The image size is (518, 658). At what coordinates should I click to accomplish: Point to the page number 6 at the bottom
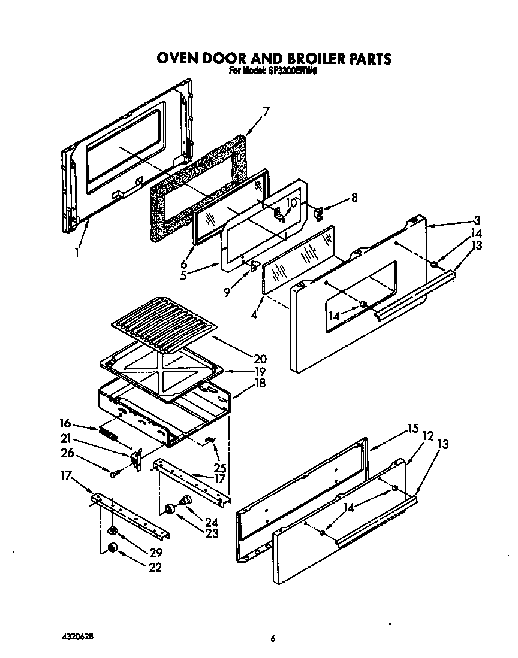[272, 639]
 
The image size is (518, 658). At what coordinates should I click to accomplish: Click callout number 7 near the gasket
[266, 111]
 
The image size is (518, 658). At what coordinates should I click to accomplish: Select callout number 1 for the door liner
[77, 252]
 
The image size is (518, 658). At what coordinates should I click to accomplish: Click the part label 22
[155, 567]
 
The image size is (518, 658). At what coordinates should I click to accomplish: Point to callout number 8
[354, 197]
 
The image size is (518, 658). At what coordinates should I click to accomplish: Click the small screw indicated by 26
[113, 474]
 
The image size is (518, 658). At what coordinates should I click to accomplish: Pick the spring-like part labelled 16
[109, 432]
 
